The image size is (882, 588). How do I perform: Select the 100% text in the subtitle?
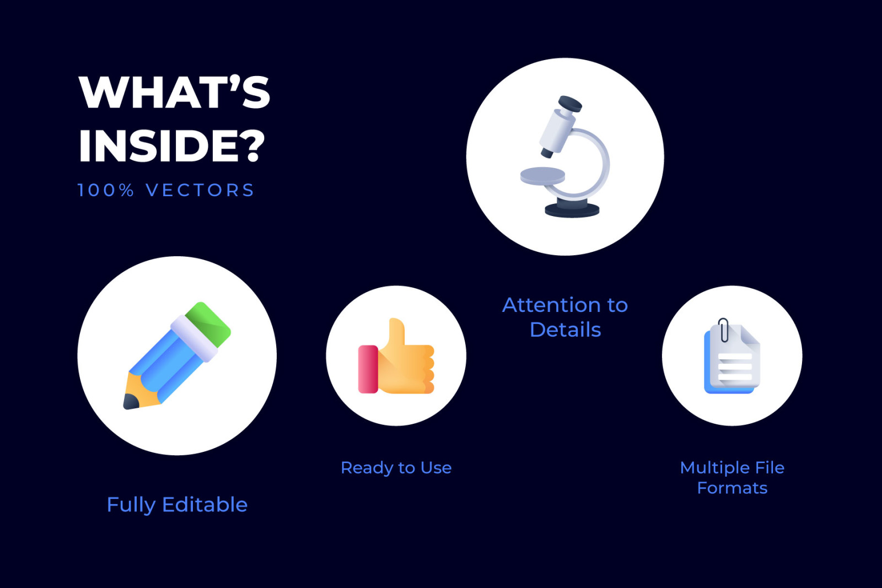[105, 190]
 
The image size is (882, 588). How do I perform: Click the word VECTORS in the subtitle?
[200, 190]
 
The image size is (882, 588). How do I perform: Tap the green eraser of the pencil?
[209, 324]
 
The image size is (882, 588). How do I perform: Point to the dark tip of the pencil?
[131, 402]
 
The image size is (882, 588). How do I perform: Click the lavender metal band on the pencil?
[193, 338]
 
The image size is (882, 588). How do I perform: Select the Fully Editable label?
[177, 505]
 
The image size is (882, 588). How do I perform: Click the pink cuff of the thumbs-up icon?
[368, 369]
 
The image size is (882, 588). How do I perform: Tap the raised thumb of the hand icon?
[396, 332]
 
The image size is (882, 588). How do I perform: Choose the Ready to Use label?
[396, 467]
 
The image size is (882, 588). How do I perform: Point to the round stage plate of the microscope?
[542, 176]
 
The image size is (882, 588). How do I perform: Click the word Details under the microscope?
[566, 330]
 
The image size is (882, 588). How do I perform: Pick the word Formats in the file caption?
[733, 488]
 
